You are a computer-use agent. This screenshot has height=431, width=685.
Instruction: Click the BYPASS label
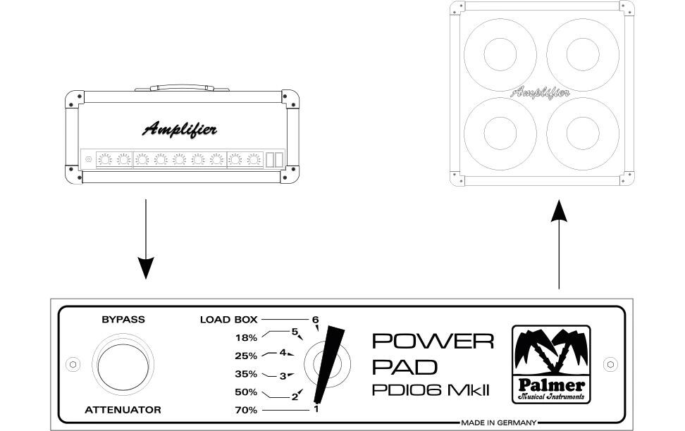[x=123, y=320]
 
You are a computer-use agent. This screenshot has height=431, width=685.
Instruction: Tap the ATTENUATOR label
[x=123, y=410]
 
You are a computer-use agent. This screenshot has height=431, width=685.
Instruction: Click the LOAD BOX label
[x=228, y=320]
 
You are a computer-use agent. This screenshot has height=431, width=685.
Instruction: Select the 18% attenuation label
[x=247, y=337]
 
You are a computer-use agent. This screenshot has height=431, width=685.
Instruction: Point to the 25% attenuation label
[x=247, y=356]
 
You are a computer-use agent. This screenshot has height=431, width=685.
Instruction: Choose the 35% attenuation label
[x=247, y=374]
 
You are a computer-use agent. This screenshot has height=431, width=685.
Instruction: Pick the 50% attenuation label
[x=247, y=392]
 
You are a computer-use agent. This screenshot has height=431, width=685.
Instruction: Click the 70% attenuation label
[x=247, y=410]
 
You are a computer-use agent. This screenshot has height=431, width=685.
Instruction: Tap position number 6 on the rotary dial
[x=316, y=320]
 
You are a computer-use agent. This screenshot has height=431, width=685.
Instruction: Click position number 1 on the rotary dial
[x=316, y=409]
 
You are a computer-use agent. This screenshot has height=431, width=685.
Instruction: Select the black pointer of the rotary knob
[x=329, y=365]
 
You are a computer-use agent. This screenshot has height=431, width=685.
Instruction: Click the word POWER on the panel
[x=433, y=341]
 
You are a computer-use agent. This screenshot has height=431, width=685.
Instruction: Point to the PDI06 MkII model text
[x=431, y=390]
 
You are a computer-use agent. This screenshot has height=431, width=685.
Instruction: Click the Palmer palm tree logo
[x=551, y=364]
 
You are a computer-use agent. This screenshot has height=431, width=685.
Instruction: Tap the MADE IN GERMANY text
[x=499, y=423]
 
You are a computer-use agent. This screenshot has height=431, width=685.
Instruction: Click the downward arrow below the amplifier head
[x=145, y=239]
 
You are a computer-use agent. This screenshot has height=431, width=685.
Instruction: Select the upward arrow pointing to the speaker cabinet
[x=559, y=244]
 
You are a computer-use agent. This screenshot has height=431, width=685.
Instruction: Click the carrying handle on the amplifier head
[x=182, y=88]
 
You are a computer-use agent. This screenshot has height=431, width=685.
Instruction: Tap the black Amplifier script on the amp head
[x=180, y=130]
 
